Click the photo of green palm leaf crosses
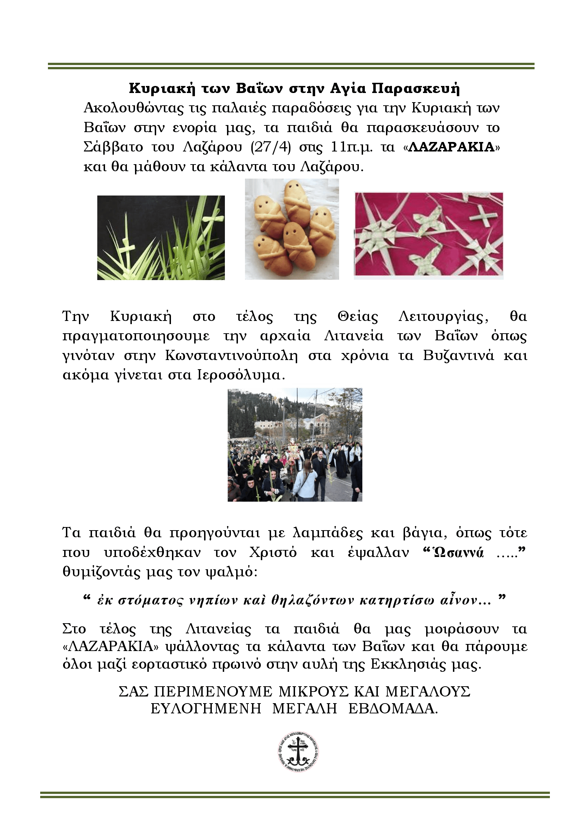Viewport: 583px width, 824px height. click(161, 237)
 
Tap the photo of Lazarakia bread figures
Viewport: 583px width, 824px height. click(292, 229)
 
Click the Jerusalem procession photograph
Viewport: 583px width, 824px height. click(295, 445)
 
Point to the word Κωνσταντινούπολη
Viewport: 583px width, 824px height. click(232, 356)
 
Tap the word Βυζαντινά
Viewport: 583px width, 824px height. click(458, 356)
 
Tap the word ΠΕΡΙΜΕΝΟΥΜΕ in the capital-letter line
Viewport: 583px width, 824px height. click(213, 692)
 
